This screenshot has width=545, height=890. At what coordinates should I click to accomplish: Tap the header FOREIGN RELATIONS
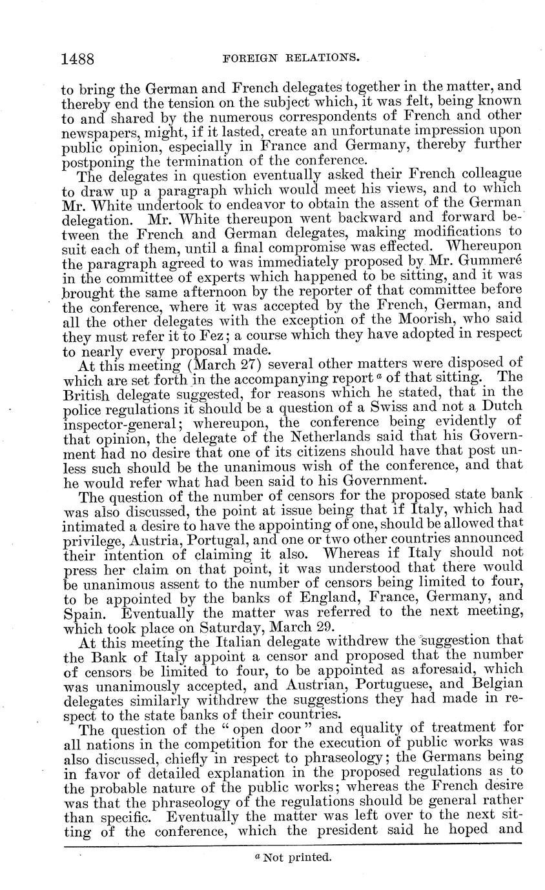[x=291, y=59]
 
